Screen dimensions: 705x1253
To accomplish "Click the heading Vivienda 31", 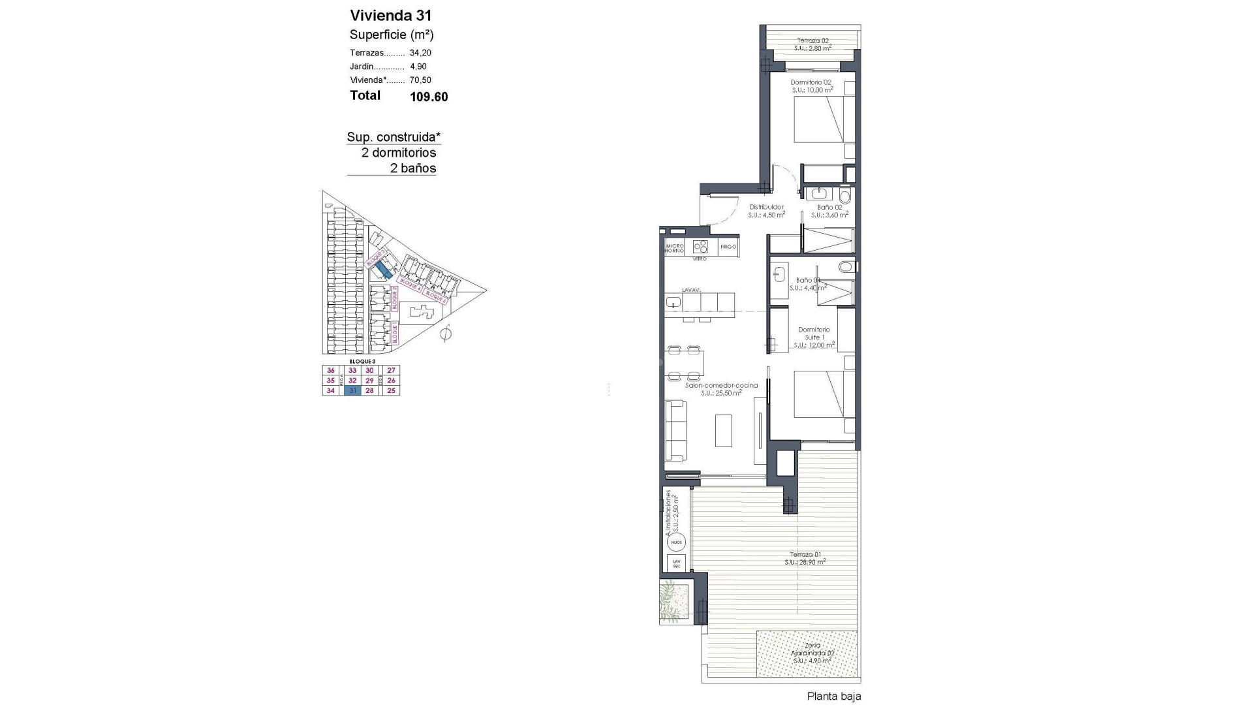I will [x=390, y=16].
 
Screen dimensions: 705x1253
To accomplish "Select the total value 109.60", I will [x=429, y=97].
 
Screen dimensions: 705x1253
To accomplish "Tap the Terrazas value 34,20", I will [x=420, y=53].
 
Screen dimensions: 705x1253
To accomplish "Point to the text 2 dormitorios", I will [x=399, y=153].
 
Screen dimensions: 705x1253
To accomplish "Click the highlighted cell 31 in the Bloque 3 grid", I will [x=352, y=390].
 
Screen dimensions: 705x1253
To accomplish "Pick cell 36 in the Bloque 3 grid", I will [x=331, y=370].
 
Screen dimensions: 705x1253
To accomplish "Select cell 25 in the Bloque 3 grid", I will [x=392, y=390].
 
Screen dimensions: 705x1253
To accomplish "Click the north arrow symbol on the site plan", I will [x=446, y=334].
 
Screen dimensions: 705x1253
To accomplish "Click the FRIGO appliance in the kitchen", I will [x=728, y=247].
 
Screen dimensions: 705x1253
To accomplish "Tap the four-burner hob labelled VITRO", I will [x=700, y=247].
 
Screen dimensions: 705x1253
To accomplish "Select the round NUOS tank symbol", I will [x=676, y=542].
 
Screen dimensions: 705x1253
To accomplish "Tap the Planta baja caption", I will [x=833, y=697].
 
